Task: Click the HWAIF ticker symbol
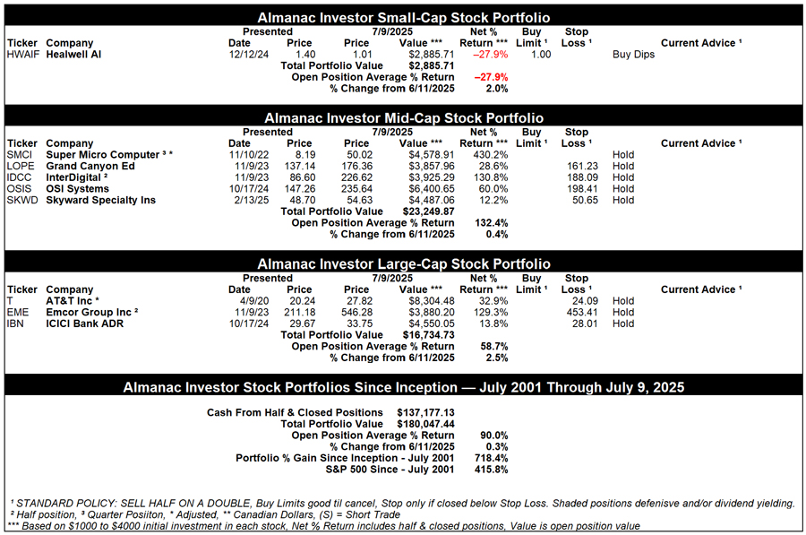click(22, 55)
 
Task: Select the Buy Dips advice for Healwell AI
click(633, 55)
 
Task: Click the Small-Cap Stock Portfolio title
click(403, 18)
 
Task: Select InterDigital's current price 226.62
click(356, 177)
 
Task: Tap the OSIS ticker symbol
click(20, 189)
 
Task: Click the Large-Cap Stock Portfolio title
click(403, 264)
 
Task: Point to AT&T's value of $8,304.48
click(431, 301)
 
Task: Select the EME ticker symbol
click(18, 313)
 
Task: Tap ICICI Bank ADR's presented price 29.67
click(299, 324)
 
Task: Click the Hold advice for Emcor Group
click(623, 313)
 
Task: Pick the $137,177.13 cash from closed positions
click(426, 412)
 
